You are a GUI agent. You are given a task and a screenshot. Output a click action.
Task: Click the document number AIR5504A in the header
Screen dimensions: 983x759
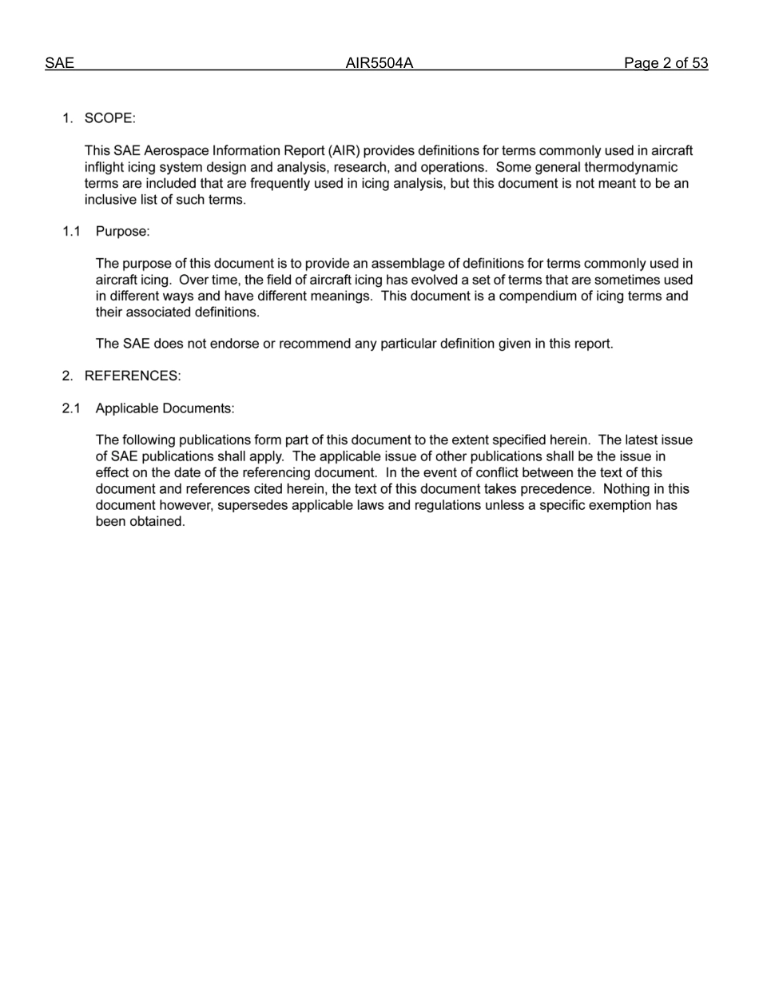[379, 64]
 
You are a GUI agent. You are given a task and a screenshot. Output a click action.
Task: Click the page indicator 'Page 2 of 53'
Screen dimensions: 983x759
[666, 64]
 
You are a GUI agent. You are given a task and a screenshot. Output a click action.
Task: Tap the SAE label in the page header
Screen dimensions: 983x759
[59, 64]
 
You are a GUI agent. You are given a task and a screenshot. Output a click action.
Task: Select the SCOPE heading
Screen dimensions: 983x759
[109, 118]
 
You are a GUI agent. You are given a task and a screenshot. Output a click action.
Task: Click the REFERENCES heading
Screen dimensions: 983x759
[133, 376]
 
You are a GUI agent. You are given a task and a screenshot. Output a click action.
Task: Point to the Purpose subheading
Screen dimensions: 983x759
[122, 232]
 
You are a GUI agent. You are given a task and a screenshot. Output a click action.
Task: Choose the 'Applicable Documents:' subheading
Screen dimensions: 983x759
[165, 408]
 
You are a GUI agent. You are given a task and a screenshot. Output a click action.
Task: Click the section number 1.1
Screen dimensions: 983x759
[72, 232]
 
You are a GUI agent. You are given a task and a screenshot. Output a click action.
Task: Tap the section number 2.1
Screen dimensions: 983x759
[72, 408]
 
